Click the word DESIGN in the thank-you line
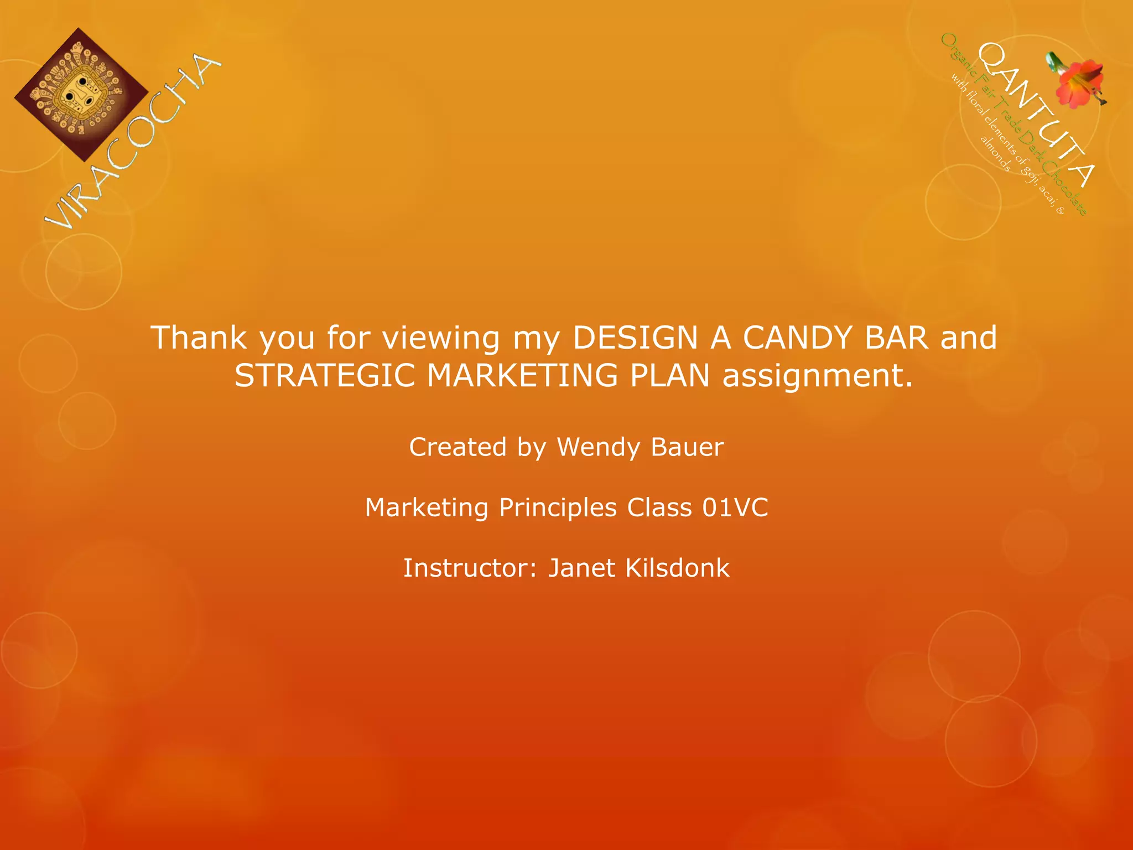tap(635, 338)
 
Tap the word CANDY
tap(797, 338)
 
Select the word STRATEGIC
tap(325, 375)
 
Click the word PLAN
tap(669, 375)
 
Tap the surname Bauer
tap(687, 447)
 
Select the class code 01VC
tap(735, 507)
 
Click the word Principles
tap(558, 508)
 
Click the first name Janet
tap(581, 568)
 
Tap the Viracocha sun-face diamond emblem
tap(81, 95)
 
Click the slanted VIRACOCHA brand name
tap(133, 141)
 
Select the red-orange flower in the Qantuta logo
tap(1079, 80)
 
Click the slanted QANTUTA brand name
tap(1035, 114)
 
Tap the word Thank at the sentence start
tap(199, 338)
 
